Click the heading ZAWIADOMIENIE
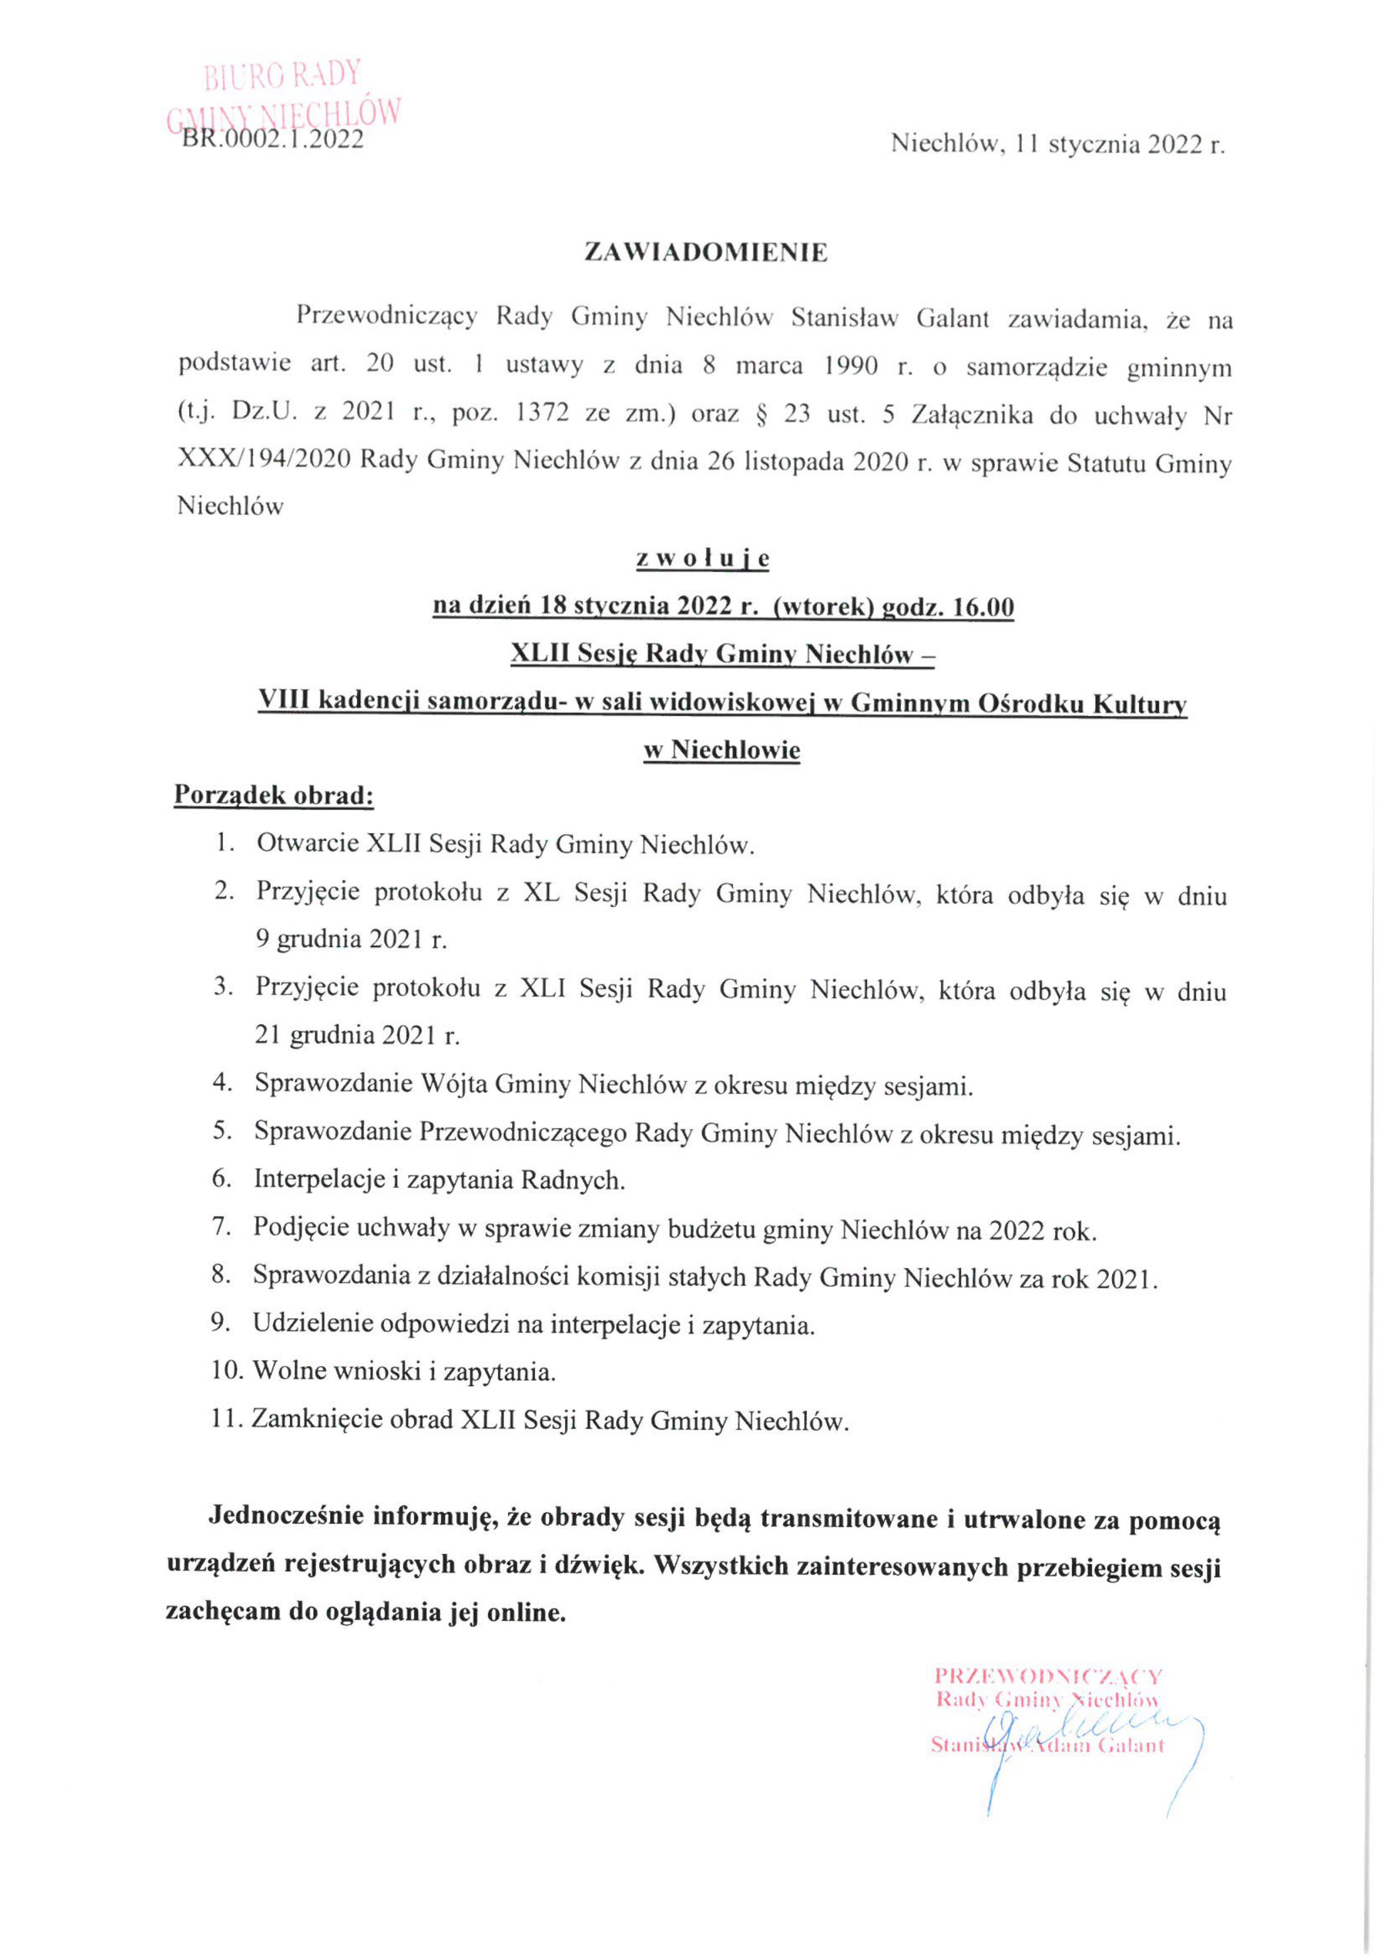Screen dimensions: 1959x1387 (x=705, y=253)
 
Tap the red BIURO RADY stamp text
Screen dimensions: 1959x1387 (x=282, y=75)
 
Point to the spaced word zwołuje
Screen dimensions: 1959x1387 (x=703, y=559)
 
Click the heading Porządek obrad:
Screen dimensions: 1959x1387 (x=273, y=795)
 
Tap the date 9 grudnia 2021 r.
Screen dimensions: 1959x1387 (x=351, y=940)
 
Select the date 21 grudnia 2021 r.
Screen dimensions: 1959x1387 (x=357, y=1036)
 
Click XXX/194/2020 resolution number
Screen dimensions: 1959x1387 (x=264, y=461)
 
